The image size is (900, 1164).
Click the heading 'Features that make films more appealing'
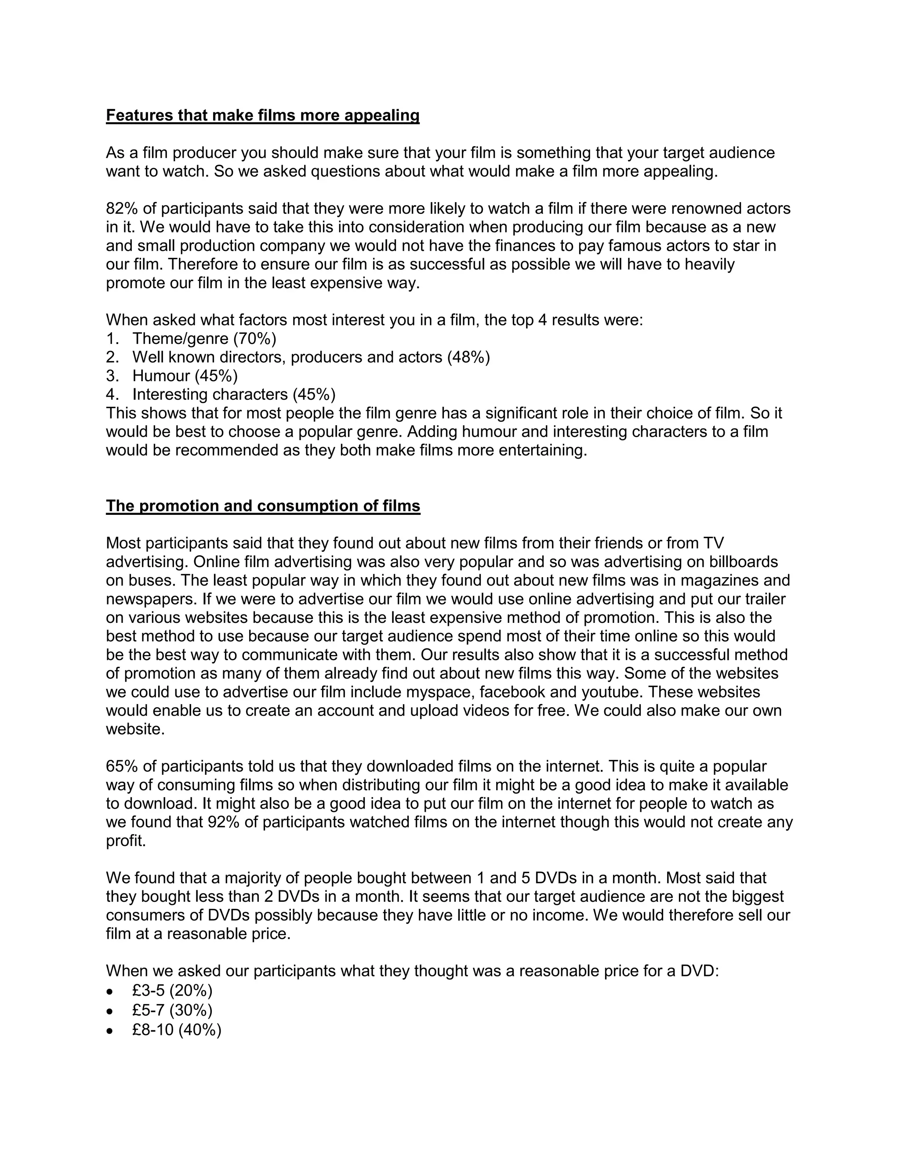click(x=262, y=115)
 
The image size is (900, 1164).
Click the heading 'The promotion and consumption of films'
click(x=263, y=506)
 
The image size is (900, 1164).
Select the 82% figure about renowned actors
click(x=122, y=208)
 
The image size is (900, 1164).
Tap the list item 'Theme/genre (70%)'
click(x=204, y=338)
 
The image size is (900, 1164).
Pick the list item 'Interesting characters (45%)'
click(x=233, y=394)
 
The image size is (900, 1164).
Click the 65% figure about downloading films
click(x=122, y=766)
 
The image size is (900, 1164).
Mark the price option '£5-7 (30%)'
click(x=172, y=1010)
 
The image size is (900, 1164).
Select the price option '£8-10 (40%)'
click(x=177, y=1030)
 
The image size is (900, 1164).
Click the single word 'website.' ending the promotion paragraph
click(x=135, y=729)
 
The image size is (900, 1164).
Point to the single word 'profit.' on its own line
click(x=126, y=840)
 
